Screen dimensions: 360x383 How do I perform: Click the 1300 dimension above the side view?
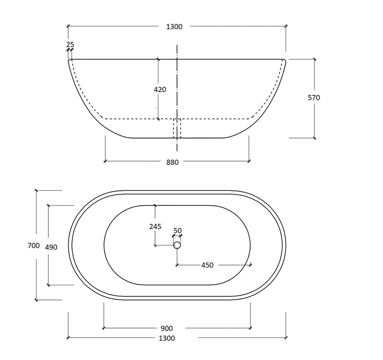click(174, 26)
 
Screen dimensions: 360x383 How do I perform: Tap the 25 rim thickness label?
click(70, 45)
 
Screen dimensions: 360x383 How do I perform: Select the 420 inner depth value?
click(160, 90)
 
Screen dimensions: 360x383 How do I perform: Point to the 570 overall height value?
click(313, 98)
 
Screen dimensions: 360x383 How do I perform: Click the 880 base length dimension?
click(173, 162)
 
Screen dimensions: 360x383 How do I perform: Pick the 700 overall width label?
click(34, 245)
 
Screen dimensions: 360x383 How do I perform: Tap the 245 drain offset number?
click(155, 227)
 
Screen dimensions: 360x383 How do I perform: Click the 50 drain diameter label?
click(178, 231)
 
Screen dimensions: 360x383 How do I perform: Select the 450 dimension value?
click(207, 265)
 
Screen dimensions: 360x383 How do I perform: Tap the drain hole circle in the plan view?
click(177, 245)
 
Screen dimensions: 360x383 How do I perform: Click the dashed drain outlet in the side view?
click(177, 128)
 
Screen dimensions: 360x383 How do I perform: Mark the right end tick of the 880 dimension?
click(249, 161)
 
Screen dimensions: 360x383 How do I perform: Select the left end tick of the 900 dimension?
click(104, 328)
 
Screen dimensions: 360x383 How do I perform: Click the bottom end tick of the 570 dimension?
click(315, 138)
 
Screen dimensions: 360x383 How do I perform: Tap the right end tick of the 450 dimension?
click(251, 264)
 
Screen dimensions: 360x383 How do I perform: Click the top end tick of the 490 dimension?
click(48, 205)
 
